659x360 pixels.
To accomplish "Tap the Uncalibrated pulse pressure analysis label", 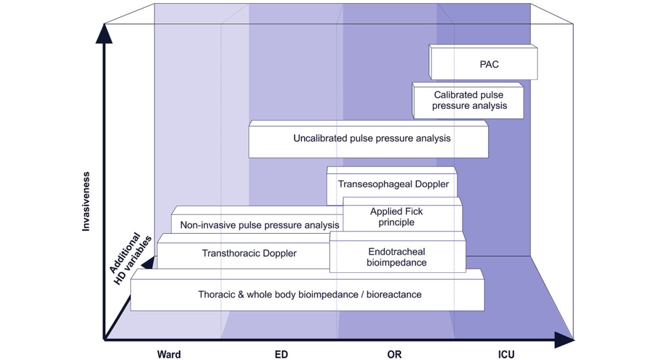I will tap(372, 138).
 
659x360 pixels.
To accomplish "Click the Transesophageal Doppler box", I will tap(393, 184).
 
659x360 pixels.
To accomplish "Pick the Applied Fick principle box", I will tap(396, 217).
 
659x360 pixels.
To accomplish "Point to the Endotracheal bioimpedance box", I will tap(396, 257).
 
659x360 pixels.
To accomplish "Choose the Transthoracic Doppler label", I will tap(249, 253).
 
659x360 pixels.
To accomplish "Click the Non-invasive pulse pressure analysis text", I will tap(260, 225).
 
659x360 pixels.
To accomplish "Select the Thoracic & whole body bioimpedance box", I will tap(309, 295).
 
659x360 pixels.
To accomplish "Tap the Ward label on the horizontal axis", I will tap(169, 355).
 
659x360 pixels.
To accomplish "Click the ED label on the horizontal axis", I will tap(281, 355).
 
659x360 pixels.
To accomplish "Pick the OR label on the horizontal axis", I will tap(394, 355).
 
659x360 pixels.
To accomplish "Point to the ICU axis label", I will tap(505, 355).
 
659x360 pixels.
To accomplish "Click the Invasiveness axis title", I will tap(86, 201).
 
